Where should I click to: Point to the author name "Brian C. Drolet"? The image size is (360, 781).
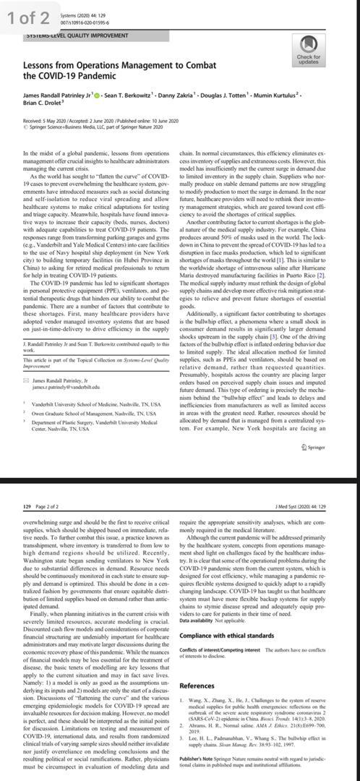click(45, 103)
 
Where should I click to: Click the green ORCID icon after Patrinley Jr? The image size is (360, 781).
click(98, 94)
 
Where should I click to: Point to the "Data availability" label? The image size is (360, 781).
click(200, 620)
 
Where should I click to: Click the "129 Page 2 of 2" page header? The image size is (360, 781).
click(43, 488)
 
